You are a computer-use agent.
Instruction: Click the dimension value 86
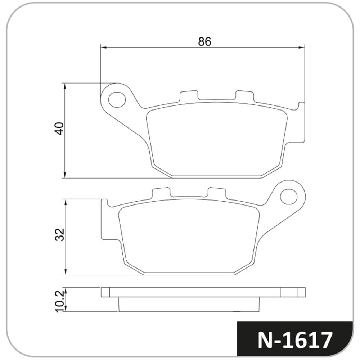click(x=204, y=41)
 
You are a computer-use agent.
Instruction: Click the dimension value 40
click(x=59, y=129)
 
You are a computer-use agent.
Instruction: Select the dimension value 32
click(x=60, y=234)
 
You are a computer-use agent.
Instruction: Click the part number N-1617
click(x=295, y=340)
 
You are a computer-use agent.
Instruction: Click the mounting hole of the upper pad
click(x=117, y=99)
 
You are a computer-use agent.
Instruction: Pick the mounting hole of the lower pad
click(x=289, y=197)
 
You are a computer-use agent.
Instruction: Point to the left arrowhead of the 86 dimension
click(x=104, y=48)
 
